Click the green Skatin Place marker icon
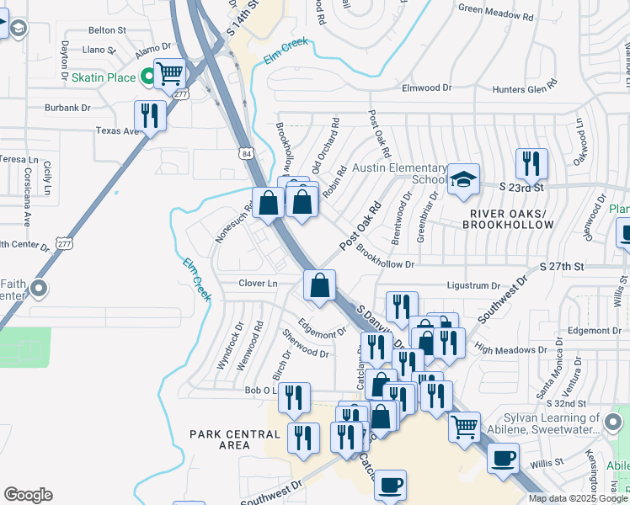(148, 77)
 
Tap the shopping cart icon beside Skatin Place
(170, 74)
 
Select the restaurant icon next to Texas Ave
(150, 114)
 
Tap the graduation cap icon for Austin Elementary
(462, 179)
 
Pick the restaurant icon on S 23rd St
(531, 163)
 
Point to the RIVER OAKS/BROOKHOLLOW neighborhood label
(509, 219)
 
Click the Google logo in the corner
(28, 495)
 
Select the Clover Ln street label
(258, 284)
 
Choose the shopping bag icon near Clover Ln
(319, 285)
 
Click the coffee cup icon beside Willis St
(503, 458)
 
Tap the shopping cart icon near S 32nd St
(464, 427)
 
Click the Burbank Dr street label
(68, 108)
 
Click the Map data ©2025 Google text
(578, 498)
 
